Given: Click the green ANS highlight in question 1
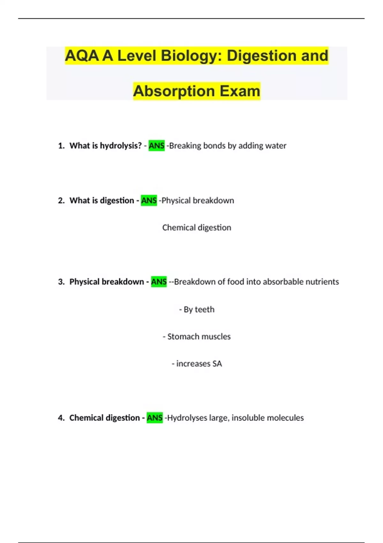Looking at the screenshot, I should (x=156, y=146).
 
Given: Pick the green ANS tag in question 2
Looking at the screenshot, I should (x=149, y=201).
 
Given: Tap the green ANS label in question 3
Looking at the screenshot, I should (x=159, y=282).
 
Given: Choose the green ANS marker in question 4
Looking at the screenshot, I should (x=154, y=418).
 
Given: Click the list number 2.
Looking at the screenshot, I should (x=61, y=201).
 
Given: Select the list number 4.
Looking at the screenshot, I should (x=61, y=418).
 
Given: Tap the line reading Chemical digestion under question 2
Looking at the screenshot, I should (x=197, y=228).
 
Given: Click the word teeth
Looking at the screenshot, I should (x=205, y=310).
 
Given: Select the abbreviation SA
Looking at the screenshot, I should (x=217, y=364).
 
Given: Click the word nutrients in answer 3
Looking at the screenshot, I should (x=322, y=282).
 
